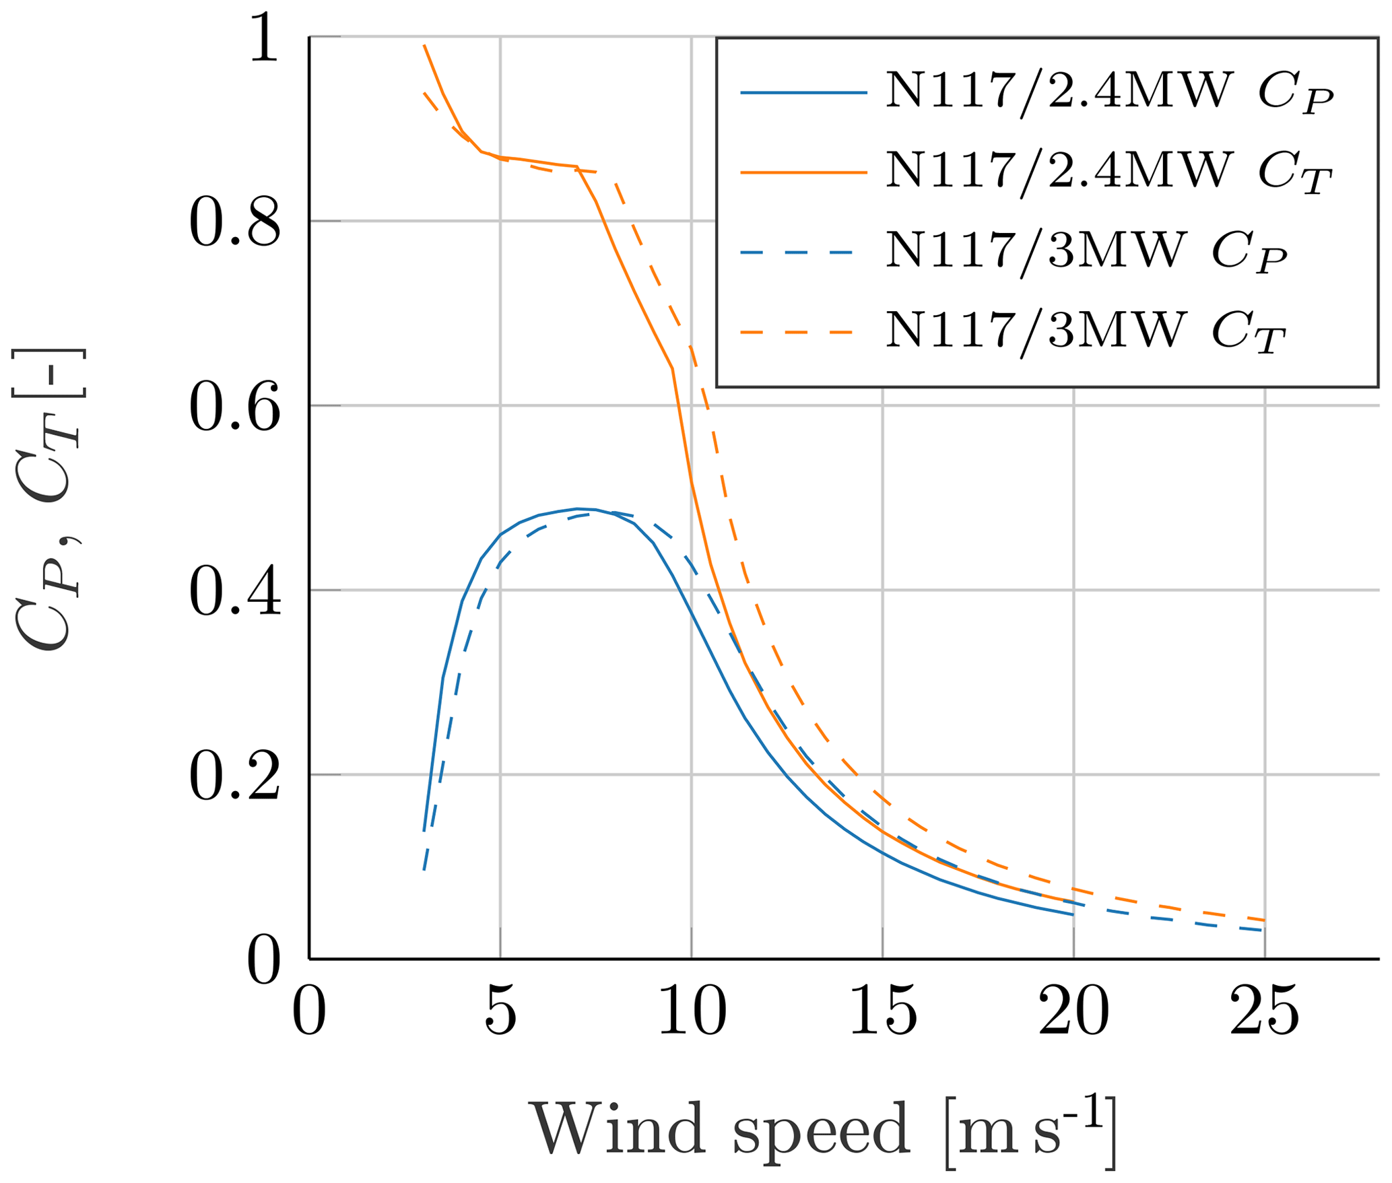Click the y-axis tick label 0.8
[234, 223]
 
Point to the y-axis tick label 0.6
[234, 407]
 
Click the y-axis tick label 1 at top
[264, 40]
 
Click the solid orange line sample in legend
[803, 172]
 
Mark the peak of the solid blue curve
[578, 508]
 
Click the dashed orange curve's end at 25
[1265, 920]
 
